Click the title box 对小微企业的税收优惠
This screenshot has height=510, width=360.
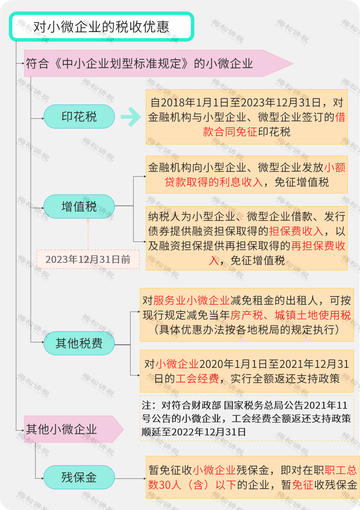pyautogui.click(x=101, y=27)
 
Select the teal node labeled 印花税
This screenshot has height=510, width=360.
pyautogui.click(x=79, y=117)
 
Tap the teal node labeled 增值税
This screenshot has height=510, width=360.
pyautogui.click(x=79, y=207)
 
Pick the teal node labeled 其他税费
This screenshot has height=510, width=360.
pyautogui.click(x=79, y=343)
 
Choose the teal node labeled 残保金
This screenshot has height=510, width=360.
pyautogui.click(x=79, y=477)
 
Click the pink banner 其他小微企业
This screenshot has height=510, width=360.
pyautogui.click(x=74, y=429)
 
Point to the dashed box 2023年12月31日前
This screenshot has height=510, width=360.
pyautogui.click(x=88, y=259)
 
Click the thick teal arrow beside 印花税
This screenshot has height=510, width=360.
pyautogui.click(x=131, y=117)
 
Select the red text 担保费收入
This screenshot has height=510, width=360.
pyautogui.click(x=296, y=231)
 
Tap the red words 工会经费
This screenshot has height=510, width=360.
pyautogui.click(x=197, y=378)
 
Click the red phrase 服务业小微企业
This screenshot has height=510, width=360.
pyautogui.click(x=191, y=300)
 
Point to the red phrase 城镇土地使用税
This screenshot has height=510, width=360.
pyautogui.click(x=313, y=315)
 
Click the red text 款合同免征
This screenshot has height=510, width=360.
pyautogui.click(x=230, y=132)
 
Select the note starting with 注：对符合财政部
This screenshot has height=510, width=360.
pyautogui.click(x=247, y=418)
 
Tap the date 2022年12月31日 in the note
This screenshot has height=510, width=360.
pyautogui.click(x=208, y=432)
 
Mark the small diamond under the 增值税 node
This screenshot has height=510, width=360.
pyautogui.click(x=88, y=221)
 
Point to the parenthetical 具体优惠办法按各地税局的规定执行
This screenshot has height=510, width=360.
pyautogui.click(x=247, y=330)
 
